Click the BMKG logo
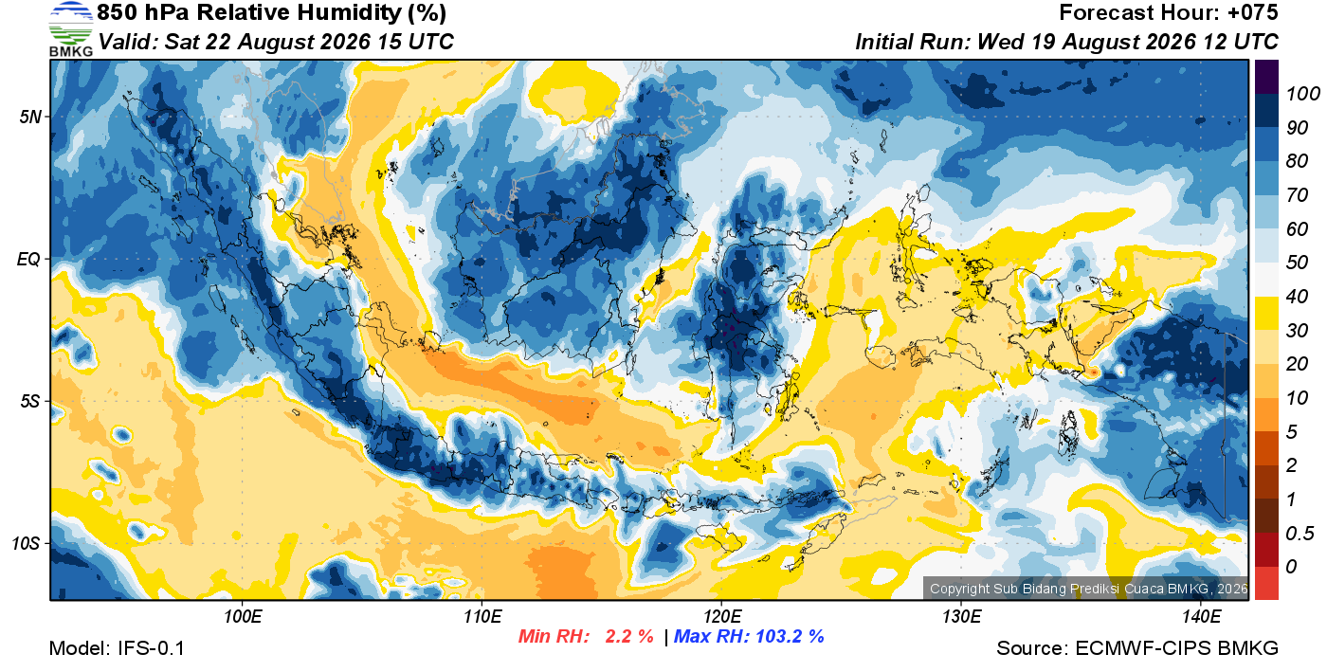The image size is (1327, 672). pyautogui.click(x=70, y=29)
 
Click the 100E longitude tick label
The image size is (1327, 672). pyautogui.click(x=243, y=616)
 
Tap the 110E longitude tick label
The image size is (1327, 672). pyautogui.click(x=482, y=616)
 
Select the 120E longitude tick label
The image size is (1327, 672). pyautogui.click(x=722, y=616)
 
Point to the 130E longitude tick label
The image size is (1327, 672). pyautogui.click(x=961, y=616)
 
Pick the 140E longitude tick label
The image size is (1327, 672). pyautogui.click(x=1201, y=616)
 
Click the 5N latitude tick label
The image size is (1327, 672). pyautogui.click(x=30, y=117)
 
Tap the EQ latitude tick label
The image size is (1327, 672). pyautogui.click(x=28, y=259)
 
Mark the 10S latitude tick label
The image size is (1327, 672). pyautogui.click(x=27, y=543)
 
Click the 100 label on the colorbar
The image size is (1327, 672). pyautogui.click(x=1303, y=94)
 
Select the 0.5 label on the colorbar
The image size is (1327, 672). pyautogui.click(x=1300, y=534)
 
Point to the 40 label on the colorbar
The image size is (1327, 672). pyautogui.click(x=1298, y=297)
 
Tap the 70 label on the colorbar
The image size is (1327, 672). pyautogui.click(x=1298, y=195)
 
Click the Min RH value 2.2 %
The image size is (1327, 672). pyautogui.click(x=629, y=636)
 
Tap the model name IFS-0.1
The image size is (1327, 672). pyautogui.click(x=151, y=648)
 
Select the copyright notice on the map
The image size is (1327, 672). pyautogui.click(x=1088, y=589)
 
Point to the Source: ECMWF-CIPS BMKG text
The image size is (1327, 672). pyautogui.click(x=1137, y=648)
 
